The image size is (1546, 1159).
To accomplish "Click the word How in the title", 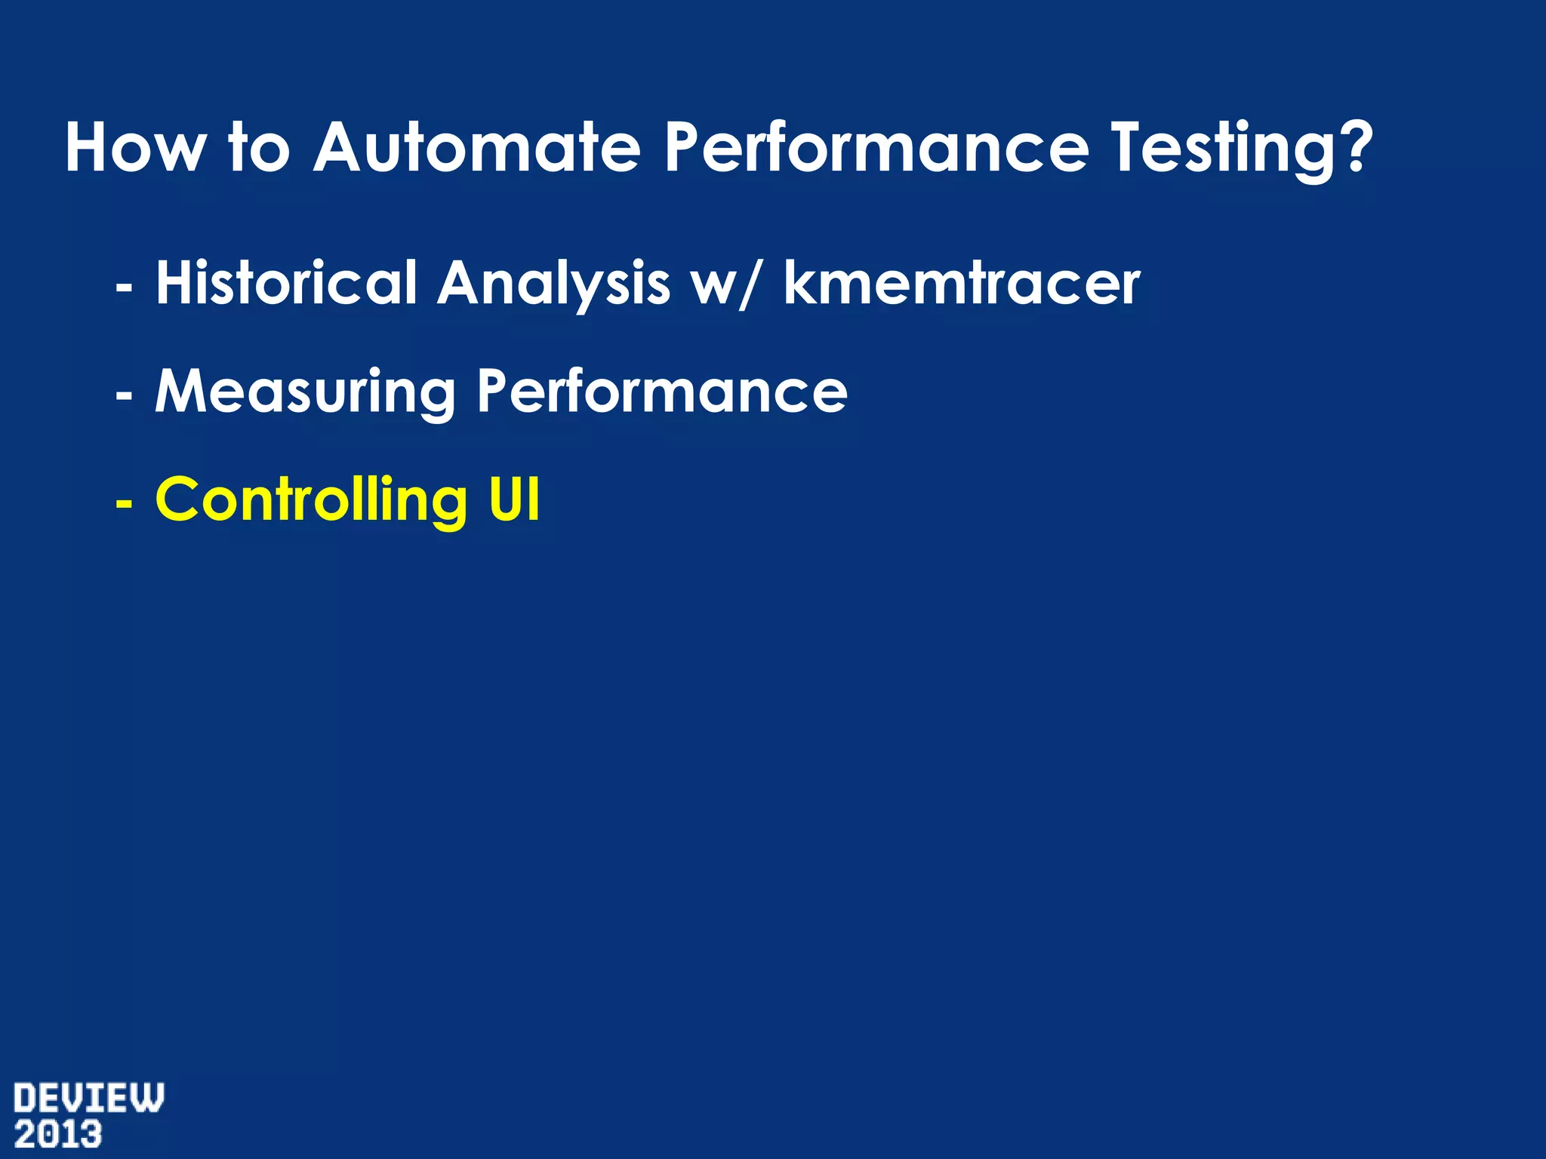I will coord(134,148).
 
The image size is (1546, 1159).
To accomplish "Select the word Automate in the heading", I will coord(477,148).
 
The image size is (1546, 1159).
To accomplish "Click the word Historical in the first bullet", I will coord(286,283).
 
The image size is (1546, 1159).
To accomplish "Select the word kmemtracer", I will coord(961,283).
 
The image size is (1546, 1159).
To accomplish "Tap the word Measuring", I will coord(305,393).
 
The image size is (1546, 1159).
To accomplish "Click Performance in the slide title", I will coord(876,148).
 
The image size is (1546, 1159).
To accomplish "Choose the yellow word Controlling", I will coord(311,500).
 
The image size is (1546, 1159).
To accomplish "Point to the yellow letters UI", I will coord(514,500).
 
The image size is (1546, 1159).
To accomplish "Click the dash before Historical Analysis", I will coord(124,287).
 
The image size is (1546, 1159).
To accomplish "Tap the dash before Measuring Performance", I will coord(124,395).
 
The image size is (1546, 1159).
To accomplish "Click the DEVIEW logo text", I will coord(88,1098).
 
